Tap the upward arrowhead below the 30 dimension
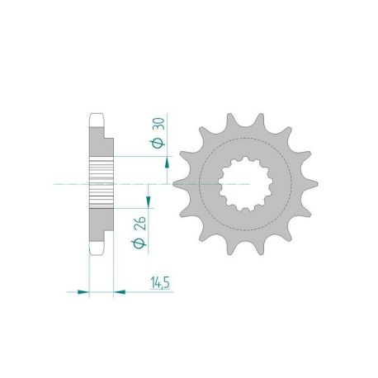(x=168, y=163)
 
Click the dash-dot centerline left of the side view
(x=66, y=183)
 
